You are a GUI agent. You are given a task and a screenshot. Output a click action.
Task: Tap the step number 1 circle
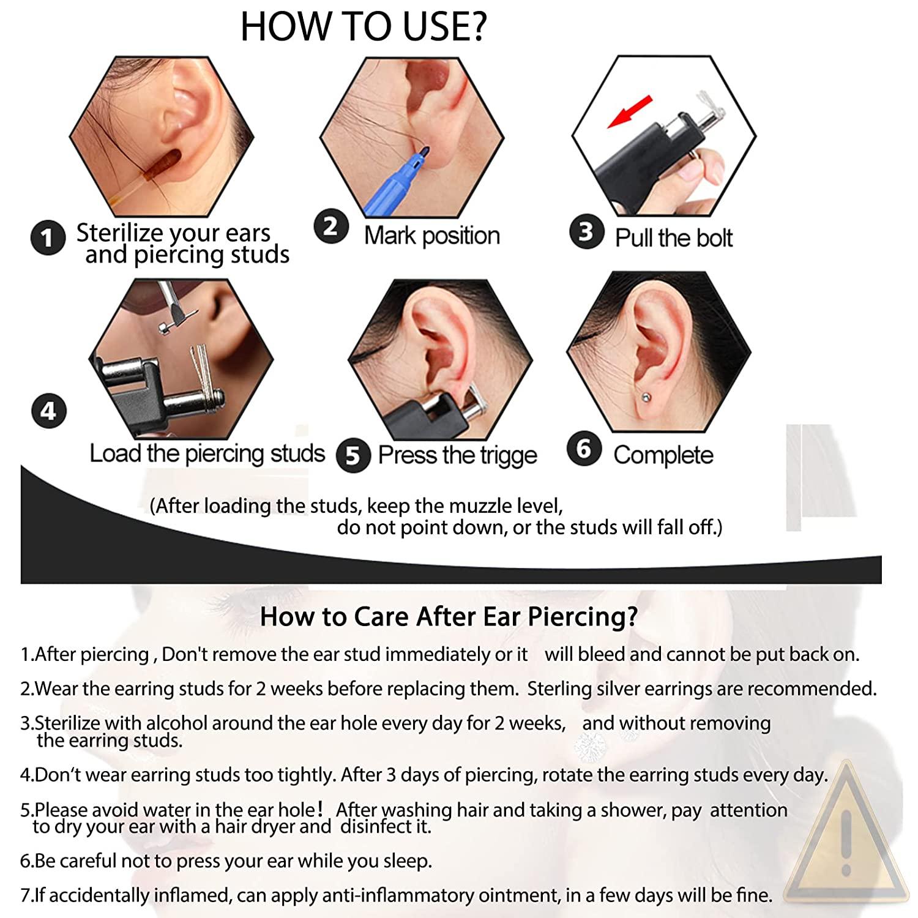point(48,237)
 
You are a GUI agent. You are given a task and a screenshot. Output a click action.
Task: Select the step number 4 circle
point(48,411)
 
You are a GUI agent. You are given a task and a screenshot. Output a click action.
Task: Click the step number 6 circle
point(584,449)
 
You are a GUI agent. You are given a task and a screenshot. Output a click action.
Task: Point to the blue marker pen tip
point(424,149)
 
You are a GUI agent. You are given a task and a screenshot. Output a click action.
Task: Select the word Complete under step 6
point(663,455)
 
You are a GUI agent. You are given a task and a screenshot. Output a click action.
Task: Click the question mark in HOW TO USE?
point(475,27)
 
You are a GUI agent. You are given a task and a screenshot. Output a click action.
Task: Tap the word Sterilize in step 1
point(120,233)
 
